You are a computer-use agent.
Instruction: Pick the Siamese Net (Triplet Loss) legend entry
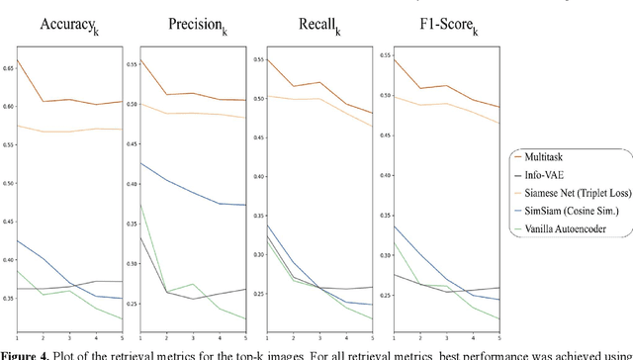[x=576, y=191]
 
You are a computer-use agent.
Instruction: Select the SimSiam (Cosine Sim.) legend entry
[x=575, y=210]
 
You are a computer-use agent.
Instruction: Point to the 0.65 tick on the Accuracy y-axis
[x=8, y=67]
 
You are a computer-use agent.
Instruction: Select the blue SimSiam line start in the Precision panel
[x=140, y=162]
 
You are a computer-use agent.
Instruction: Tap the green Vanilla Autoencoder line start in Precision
[x=140, y=205]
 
